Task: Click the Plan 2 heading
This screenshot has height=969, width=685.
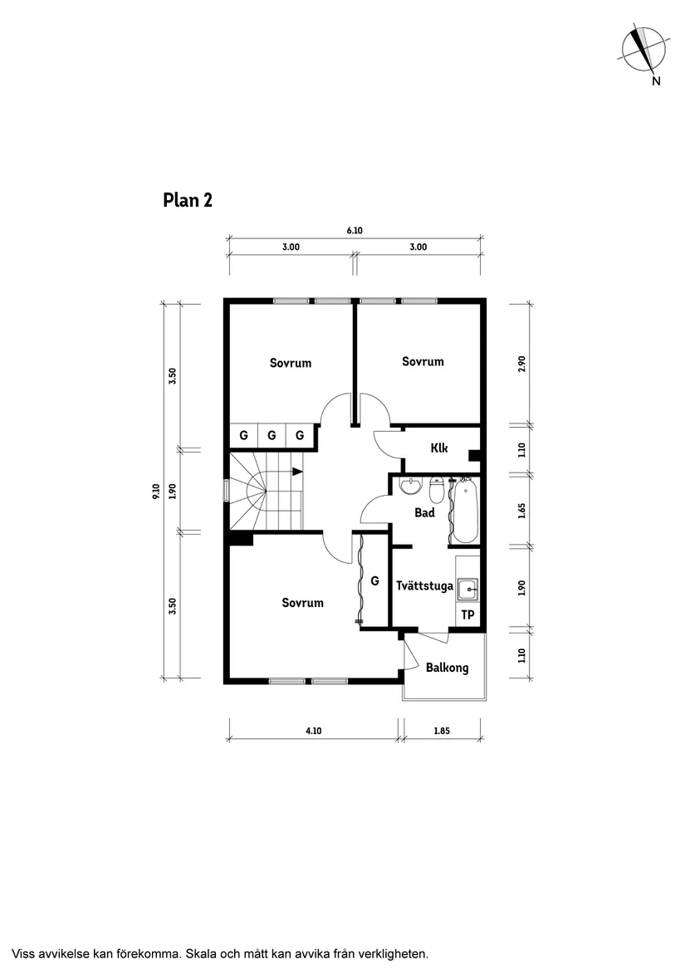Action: pos(187,200)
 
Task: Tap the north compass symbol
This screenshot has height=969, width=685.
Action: pos(643,50)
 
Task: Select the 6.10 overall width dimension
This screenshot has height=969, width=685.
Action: pos(355,231)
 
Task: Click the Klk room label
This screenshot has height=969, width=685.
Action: pos(439,448)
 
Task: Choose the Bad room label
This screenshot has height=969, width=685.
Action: pos(425,513)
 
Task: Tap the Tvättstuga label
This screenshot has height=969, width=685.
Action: pos(424,586)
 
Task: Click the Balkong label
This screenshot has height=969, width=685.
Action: pos(447,668)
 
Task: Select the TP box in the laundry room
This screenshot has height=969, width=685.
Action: pos(467,615)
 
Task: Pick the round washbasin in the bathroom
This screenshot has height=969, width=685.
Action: pos(410,487)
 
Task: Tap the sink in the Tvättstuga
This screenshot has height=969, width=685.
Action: pos(469,589)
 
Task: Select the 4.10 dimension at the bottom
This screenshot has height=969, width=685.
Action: pos(312,731)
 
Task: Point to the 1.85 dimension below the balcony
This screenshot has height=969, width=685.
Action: pos(443,731)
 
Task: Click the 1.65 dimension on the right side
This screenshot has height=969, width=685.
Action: pos(521,509)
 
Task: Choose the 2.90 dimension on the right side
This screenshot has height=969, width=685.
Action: pos(521,364)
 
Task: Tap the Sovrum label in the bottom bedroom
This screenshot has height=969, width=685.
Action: pos(302,603)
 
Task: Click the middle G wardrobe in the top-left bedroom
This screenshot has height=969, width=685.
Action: pos(272,435)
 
